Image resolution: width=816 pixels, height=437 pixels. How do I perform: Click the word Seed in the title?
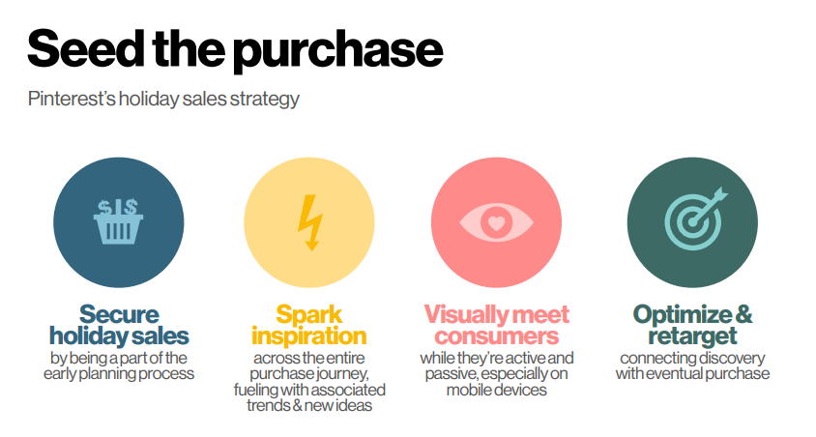coord(85,48)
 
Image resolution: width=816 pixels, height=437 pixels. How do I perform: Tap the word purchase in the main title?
coord(337,51)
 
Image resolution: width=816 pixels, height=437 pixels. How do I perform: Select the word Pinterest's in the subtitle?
coord(72,99)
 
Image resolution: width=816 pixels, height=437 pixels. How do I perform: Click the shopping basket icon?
coord(119,221)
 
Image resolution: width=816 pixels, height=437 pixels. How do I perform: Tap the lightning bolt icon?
coord(310,222)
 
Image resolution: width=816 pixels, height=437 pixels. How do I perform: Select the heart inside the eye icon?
coord(497,223)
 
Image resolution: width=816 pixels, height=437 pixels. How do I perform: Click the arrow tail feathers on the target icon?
coord(719,194)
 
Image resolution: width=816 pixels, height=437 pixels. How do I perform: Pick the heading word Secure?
coord(119,314)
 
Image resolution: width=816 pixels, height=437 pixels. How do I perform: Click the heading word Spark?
coord(309,315)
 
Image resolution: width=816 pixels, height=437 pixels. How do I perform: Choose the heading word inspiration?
coord(309,336)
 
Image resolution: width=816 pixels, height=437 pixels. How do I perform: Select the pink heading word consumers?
coord(497,336)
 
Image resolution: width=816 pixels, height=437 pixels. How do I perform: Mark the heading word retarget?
coord(692,336)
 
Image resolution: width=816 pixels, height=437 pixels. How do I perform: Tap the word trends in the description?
coord(269,406)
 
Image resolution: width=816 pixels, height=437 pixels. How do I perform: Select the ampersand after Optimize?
coord(744,314)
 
